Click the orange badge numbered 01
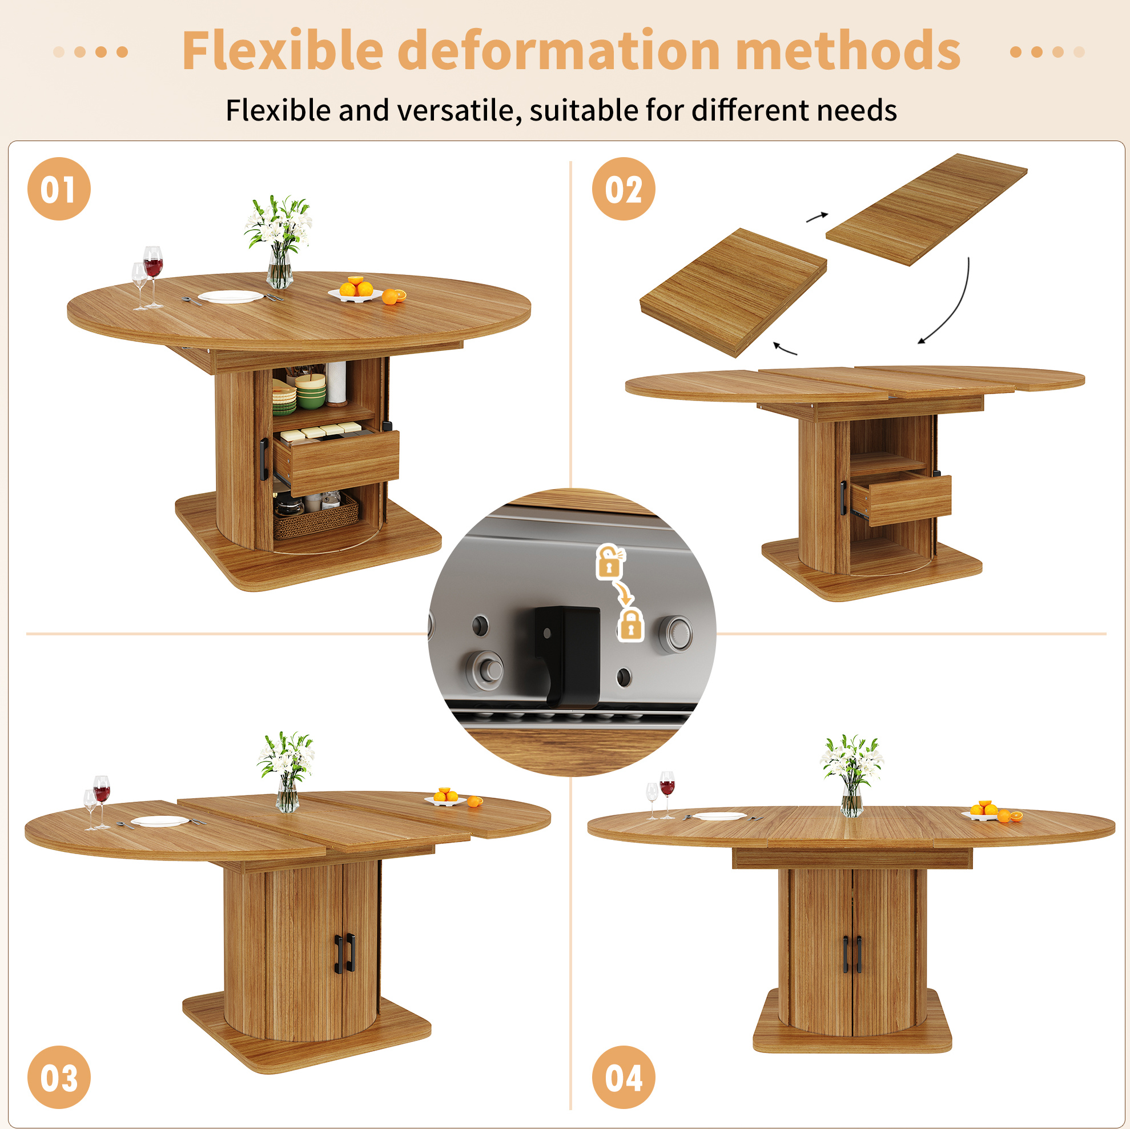coord(59,189)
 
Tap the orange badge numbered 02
coord(624,189)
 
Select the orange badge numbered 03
coord(59,1077)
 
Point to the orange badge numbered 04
coord(624,1077)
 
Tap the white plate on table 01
coord(231,297)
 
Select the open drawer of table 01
coord(337,458)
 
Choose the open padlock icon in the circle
coord(610,562)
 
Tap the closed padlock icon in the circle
coord(630,624)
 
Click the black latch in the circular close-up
coord(568,656)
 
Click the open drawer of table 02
coord(900,499)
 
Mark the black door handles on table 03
coord(344,954)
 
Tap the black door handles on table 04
coord(852,955)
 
